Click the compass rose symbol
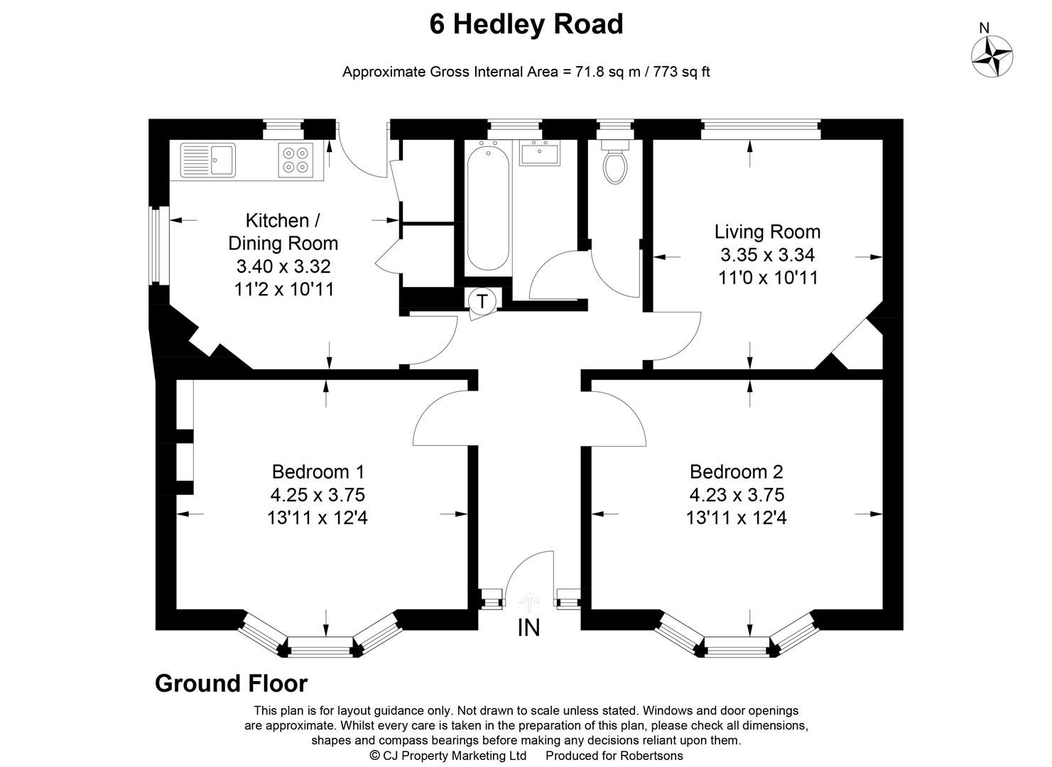[992, 56]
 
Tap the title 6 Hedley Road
[526, 24]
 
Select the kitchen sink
[207, 159]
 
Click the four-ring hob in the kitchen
[295, 160]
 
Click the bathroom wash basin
[540, 153]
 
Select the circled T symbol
[482, 301]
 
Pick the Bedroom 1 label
[318, 472]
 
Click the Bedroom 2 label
[736, 472]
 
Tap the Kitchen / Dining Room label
[283, 232]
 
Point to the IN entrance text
[528, 628]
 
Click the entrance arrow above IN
[528, 602]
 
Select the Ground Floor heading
[231, 683]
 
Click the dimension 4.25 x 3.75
[318, 494]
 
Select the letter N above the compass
[984, 28]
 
